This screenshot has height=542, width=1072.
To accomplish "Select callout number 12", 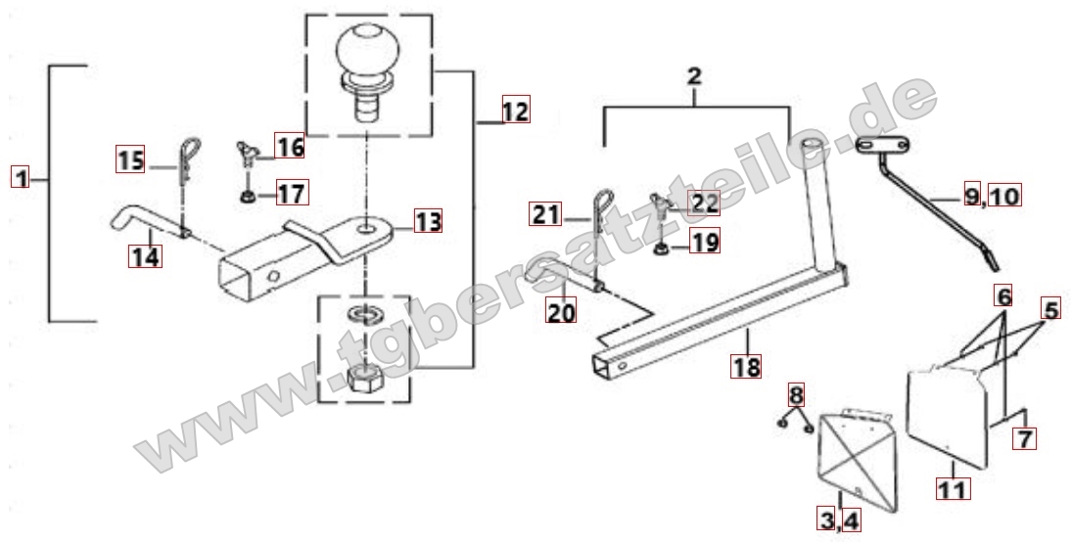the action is pos(516,110).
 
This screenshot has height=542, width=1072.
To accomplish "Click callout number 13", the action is pos(428,221).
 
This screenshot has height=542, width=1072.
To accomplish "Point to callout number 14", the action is pos(146,256).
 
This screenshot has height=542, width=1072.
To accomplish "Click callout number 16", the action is pos(289,145).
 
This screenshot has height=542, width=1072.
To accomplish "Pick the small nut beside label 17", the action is pos(248,198).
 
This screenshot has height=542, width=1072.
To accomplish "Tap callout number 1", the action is pos(22,178).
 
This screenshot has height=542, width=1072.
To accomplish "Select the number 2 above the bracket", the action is pos(694,76).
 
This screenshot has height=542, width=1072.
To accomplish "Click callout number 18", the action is pos(746,366).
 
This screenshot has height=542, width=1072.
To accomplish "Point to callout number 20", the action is pos(561,312).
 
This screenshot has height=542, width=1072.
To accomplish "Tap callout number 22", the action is pos(704,203).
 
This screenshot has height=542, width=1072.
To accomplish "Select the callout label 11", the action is pos(953,488).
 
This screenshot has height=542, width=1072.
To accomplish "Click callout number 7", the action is pos(1024,438).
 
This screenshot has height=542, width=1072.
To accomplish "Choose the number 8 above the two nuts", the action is pos(797,394).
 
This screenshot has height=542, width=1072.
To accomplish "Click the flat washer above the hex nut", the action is pos(364,314).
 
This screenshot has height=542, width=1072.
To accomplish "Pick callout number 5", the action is pos(1050,309).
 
